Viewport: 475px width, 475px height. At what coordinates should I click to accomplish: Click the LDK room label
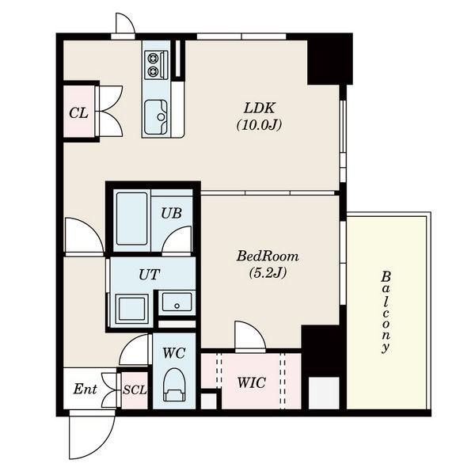[x=260, y=108]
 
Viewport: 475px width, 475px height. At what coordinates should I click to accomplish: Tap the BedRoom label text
[x=268, y=256]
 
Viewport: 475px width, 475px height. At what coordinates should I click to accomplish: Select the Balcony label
[x=386, y=312]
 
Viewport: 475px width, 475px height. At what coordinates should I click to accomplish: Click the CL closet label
[x=78, y=113]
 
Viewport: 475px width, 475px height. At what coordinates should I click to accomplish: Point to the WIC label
[x=252, y=382]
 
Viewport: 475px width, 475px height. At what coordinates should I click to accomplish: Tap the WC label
[x=174, y=353]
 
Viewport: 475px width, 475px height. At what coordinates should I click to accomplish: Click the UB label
[x=171, y=213]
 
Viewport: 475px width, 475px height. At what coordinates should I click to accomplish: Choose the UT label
[x=149, y=275]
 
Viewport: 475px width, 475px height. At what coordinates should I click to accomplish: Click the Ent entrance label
[x=85, y=389]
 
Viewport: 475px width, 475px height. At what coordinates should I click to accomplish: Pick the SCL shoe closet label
[x=135, y=389]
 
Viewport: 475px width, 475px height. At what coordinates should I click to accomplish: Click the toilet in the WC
[x=174, y=385]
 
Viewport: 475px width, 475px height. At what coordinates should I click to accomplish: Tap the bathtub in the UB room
[x=131, y=218]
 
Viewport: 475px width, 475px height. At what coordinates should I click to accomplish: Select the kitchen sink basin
[x=156, y=117]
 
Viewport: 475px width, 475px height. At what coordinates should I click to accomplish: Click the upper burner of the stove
[x=153, y=57]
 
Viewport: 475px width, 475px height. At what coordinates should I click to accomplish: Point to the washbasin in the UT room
[x=177, y=302]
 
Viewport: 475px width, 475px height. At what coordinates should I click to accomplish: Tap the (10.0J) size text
[x=260, y=125]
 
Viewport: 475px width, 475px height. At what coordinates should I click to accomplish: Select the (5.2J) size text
[x=268, y=273]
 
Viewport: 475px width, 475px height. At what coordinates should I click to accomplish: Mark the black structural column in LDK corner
[x=330, y=59]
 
